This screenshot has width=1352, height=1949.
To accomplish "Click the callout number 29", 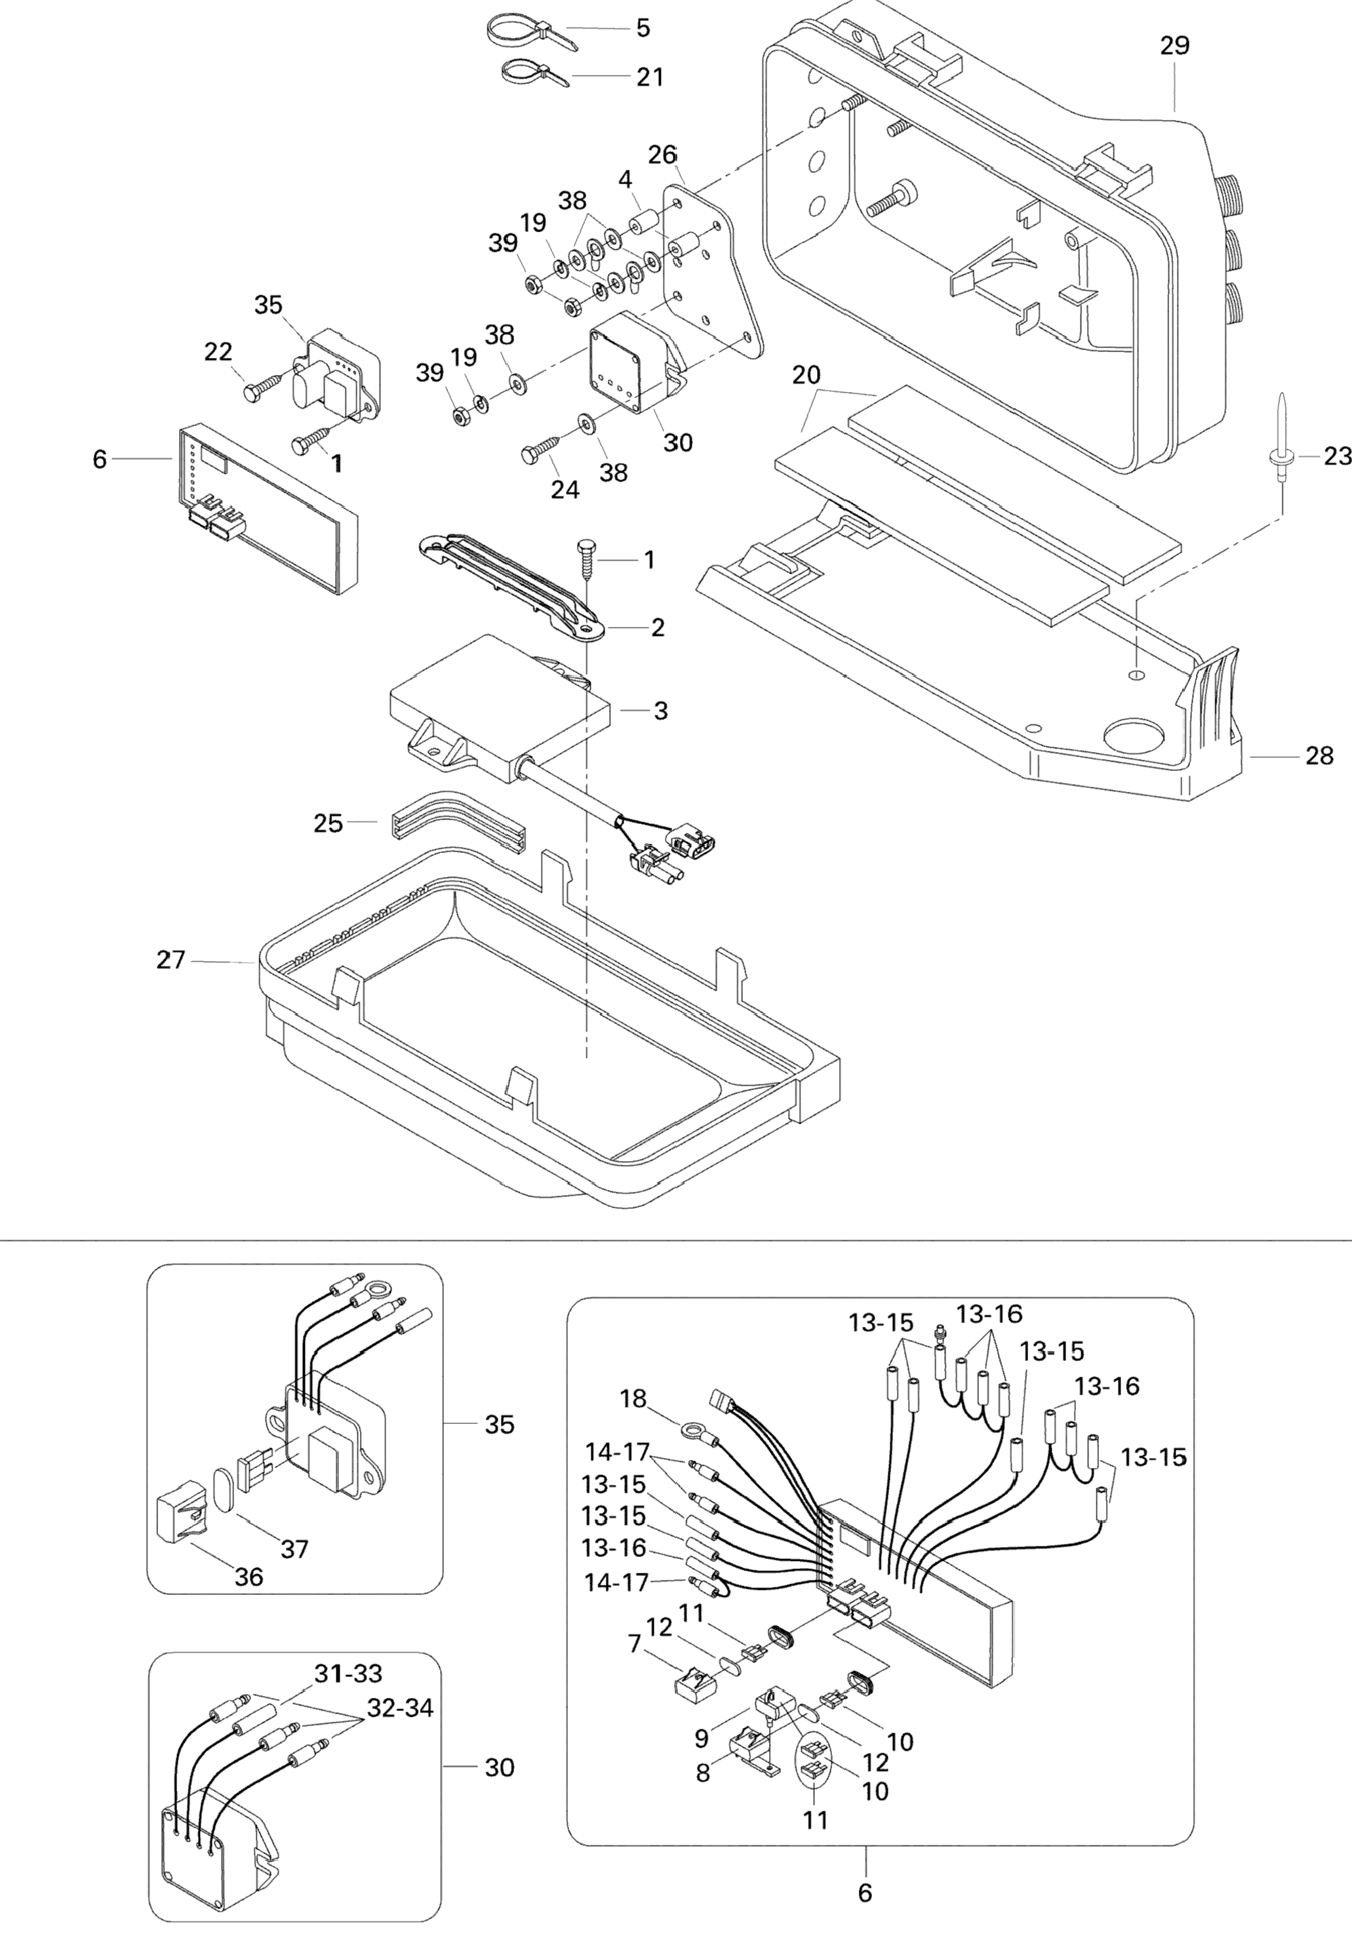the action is pyautogui.click(x=1175, y=46).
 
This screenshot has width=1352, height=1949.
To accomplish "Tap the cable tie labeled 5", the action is pyautogui.click(x=532, y=33).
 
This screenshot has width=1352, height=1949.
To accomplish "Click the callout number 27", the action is pyautogui.click(x=171, y=960).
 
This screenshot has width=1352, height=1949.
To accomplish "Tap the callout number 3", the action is pyautogui.click(x=661, y=711).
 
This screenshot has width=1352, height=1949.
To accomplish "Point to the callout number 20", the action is pyautogui.click(x=806, y=374).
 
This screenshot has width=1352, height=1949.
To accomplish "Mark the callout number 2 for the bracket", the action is pyautogui.click(x=658, y=627).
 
